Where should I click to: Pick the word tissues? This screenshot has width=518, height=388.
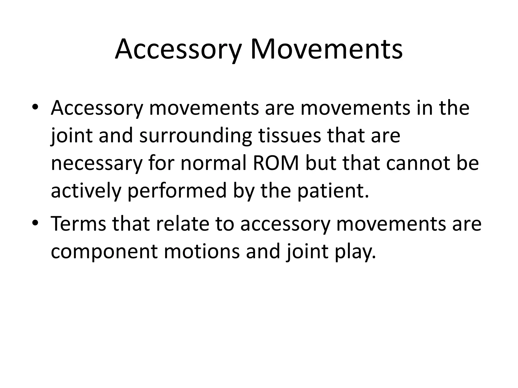point(289,136)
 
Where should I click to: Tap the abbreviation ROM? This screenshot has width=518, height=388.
point(276,163)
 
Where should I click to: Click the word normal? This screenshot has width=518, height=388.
point(214,163)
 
